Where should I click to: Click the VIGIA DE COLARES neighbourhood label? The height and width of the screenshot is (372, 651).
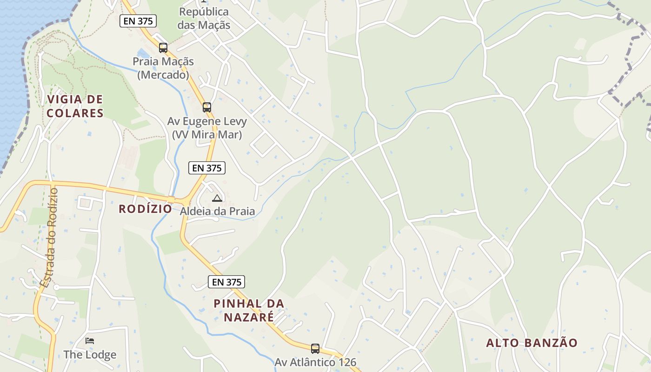tap(75, 106)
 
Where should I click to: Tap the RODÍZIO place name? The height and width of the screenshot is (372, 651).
tap(146, 209)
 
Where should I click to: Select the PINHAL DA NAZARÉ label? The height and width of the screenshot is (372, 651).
tap(249, 310)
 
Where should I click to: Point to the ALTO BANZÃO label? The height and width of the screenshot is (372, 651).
tap(532, 343)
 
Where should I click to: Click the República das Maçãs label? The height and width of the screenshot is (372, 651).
tap(204, 18)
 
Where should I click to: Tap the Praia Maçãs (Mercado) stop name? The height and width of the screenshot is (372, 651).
tap(163, 68)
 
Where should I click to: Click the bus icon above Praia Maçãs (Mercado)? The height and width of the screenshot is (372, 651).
tap(163, 47)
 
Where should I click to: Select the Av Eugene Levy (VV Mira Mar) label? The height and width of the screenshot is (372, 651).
tap(207, 128)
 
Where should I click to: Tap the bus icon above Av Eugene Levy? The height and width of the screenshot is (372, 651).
tap(207, 107)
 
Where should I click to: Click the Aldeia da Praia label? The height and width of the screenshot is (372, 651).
tap(218, 211)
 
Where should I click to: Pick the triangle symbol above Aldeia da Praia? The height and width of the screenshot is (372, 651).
tap(217, 199)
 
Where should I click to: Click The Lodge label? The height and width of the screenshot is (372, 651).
tap(90, 355)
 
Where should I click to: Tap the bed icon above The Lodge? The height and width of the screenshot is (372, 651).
tap(90, 341)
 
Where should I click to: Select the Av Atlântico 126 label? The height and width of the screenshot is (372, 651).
tap(315, 362)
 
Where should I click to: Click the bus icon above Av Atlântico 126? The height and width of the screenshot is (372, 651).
tap(315, 348)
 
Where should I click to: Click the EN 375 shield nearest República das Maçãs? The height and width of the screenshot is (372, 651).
tap(138, 21)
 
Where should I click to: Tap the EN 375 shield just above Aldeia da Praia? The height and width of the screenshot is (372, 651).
tap(207, 168)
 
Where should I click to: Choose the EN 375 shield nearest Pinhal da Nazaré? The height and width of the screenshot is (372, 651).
tap(226, 282)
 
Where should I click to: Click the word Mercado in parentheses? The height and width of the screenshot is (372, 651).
tap(163, 74)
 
